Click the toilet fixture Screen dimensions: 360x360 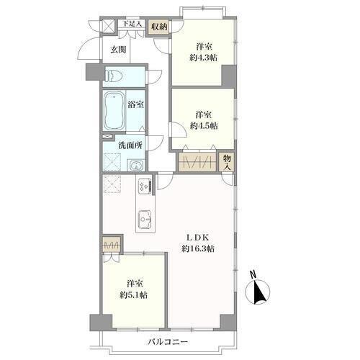114,76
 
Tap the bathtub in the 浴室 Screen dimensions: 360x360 114,111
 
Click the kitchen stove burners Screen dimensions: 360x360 144,186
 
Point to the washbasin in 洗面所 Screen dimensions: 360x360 136,165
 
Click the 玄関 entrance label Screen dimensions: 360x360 118,50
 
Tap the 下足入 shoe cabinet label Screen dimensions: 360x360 132,24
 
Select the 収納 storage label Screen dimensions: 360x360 159,27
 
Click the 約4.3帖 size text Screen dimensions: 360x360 203,58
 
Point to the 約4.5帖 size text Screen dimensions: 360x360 204,126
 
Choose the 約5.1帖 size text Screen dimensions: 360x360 133,295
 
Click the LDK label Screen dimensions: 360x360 198,238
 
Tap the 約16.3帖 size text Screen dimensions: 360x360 198,248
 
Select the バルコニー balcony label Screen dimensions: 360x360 167,342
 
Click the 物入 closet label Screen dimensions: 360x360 227,163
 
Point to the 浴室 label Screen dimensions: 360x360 135,104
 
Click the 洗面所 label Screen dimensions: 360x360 130,145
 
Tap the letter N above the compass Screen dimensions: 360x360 252,274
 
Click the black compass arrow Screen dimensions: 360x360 259,292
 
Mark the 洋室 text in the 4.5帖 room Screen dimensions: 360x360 204,114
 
